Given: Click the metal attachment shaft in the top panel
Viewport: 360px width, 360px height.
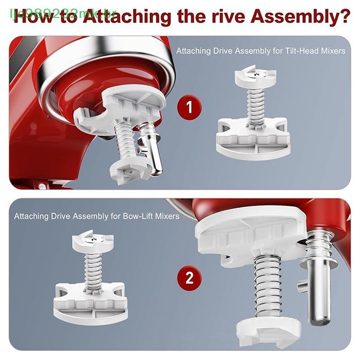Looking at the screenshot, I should coord(153,151).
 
